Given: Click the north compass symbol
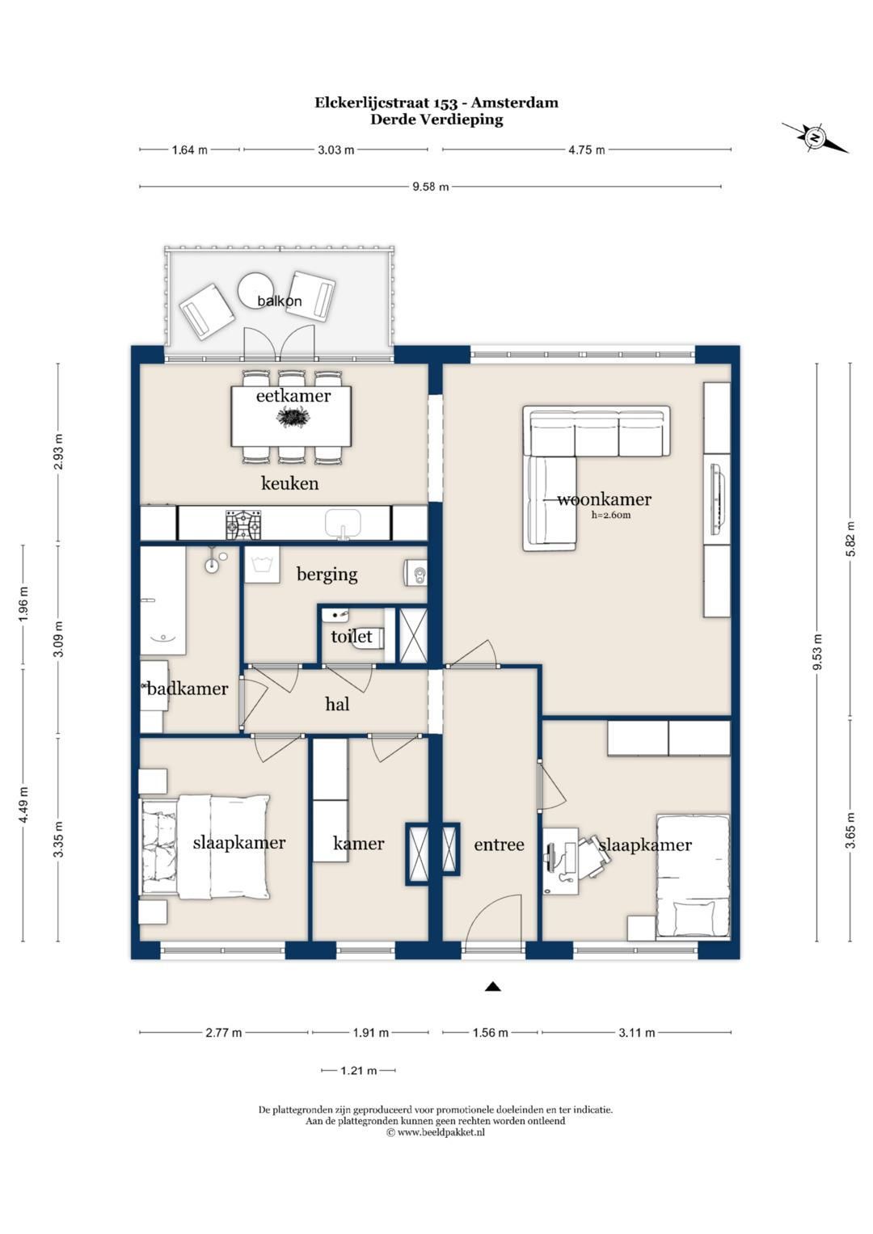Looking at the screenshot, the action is point(815,137).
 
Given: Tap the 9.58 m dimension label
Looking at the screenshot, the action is point(430,187).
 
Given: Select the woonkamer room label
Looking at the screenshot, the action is point(604,499).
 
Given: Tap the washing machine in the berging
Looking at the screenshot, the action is point(261,564).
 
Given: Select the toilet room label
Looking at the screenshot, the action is point(351,637).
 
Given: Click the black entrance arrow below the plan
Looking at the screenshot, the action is point(493,987).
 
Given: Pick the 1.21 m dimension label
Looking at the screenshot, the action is point(358,1071).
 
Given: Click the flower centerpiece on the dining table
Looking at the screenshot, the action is point(293,417).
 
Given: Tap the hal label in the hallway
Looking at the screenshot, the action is point(337,704).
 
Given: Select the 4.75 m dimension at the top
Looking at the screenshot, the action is point(586,150).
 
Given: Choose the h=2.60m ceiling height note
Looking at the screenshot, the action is point(611,516).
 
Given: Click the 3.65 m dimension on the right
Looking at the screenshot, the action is point(851,831).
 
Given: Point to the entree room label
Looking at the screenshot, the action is point(499,844).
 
